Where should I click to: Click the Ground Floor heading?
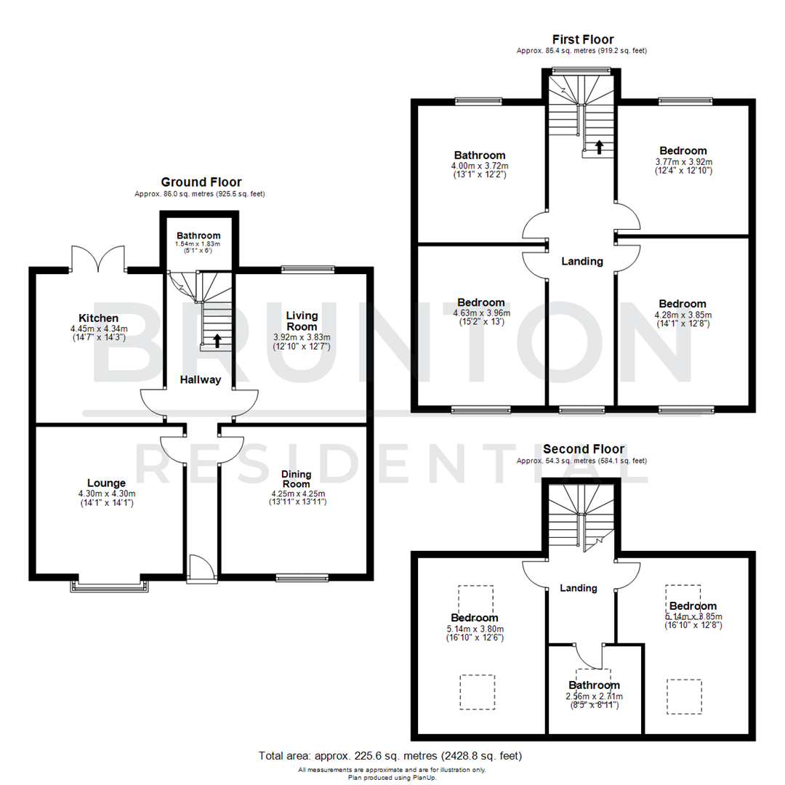coord(201,182)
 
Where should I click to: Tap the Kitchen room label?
coord(98,318)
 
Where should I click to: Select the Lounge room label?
coord(106,483)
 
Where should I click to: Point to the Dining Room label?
coord(296,479)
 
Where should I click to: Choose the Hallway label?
coord(201,379)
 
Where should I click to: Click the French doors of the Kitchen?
coord(100,258)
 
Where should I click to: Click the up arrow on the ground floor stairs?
coord(216,339)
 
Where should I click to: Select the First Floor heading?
coord(582,39)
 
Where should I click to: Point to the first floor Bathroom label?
coord(480,156)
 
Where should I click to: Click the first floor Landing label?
coord(582,262)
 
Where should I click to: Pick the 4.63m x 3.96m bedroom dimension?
coord(480,313)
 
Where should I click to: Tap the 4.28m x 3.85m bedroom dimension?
coord(682,315)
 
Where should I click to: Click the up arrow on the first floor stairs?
coord(599,148)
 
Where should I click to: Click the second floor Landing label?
coord(579,588)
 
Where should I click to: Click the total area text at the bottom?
coord(390,756)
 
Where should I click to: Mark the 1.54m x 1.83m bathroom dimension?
coord(198,243)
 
